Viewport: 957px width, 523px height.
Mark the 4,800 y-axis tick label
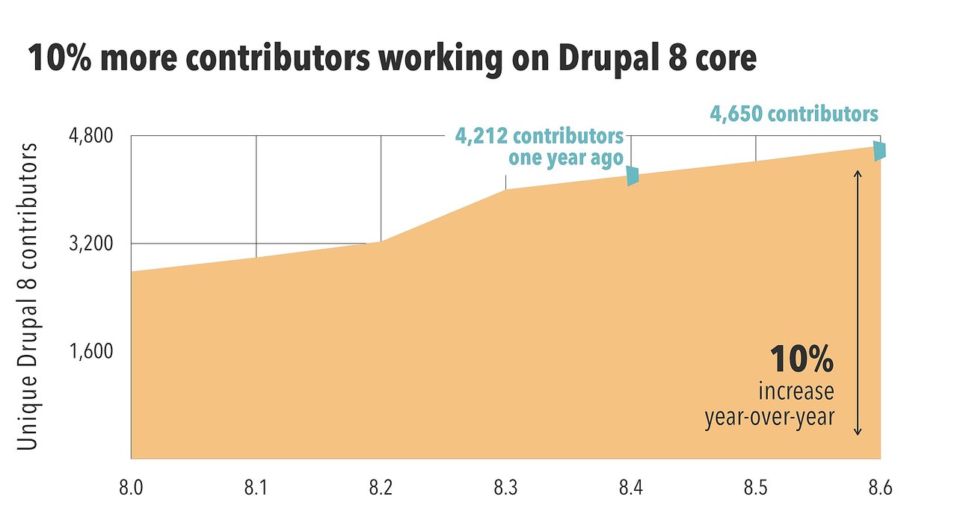[x=90, y=137]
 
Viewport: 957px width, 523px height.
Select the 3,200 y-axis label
[x=90, y=244]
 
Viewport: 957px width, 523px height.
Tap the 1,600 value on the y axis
[x=90, y=352]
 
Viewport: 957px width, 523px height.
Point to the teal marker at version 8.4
[x=633, y=176]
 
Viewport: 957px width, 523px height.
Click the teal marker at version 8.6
[x=880, y=149]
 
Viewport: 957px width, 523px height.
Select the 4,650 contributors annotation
[x=793, y=115]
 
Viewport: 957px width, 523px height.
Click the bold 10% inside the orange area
[x=801, y=361]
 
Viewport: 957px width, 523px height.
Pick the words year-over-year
[x=769, y=417]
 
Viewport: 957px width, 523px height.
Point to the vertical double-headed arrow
[x=858, y=303]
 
